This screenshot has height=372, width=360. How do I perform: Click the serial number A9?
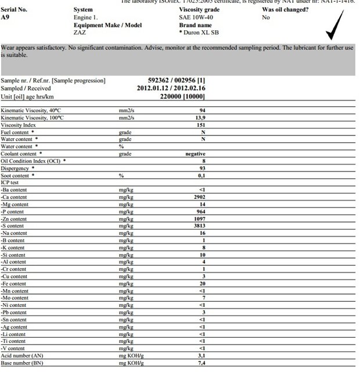[5, 17]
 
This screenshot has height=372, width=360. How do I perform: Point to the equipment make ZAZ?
[80, 33]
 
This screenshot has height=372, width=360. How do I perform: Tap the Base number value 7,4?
[201, 363]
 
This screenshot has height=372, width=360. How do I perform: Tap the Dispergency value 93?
[203, 168]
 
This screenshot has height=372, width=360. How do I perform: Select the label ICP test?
[10, 183]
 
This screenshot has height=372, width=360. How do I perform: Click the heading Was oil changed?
[285, 10]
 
